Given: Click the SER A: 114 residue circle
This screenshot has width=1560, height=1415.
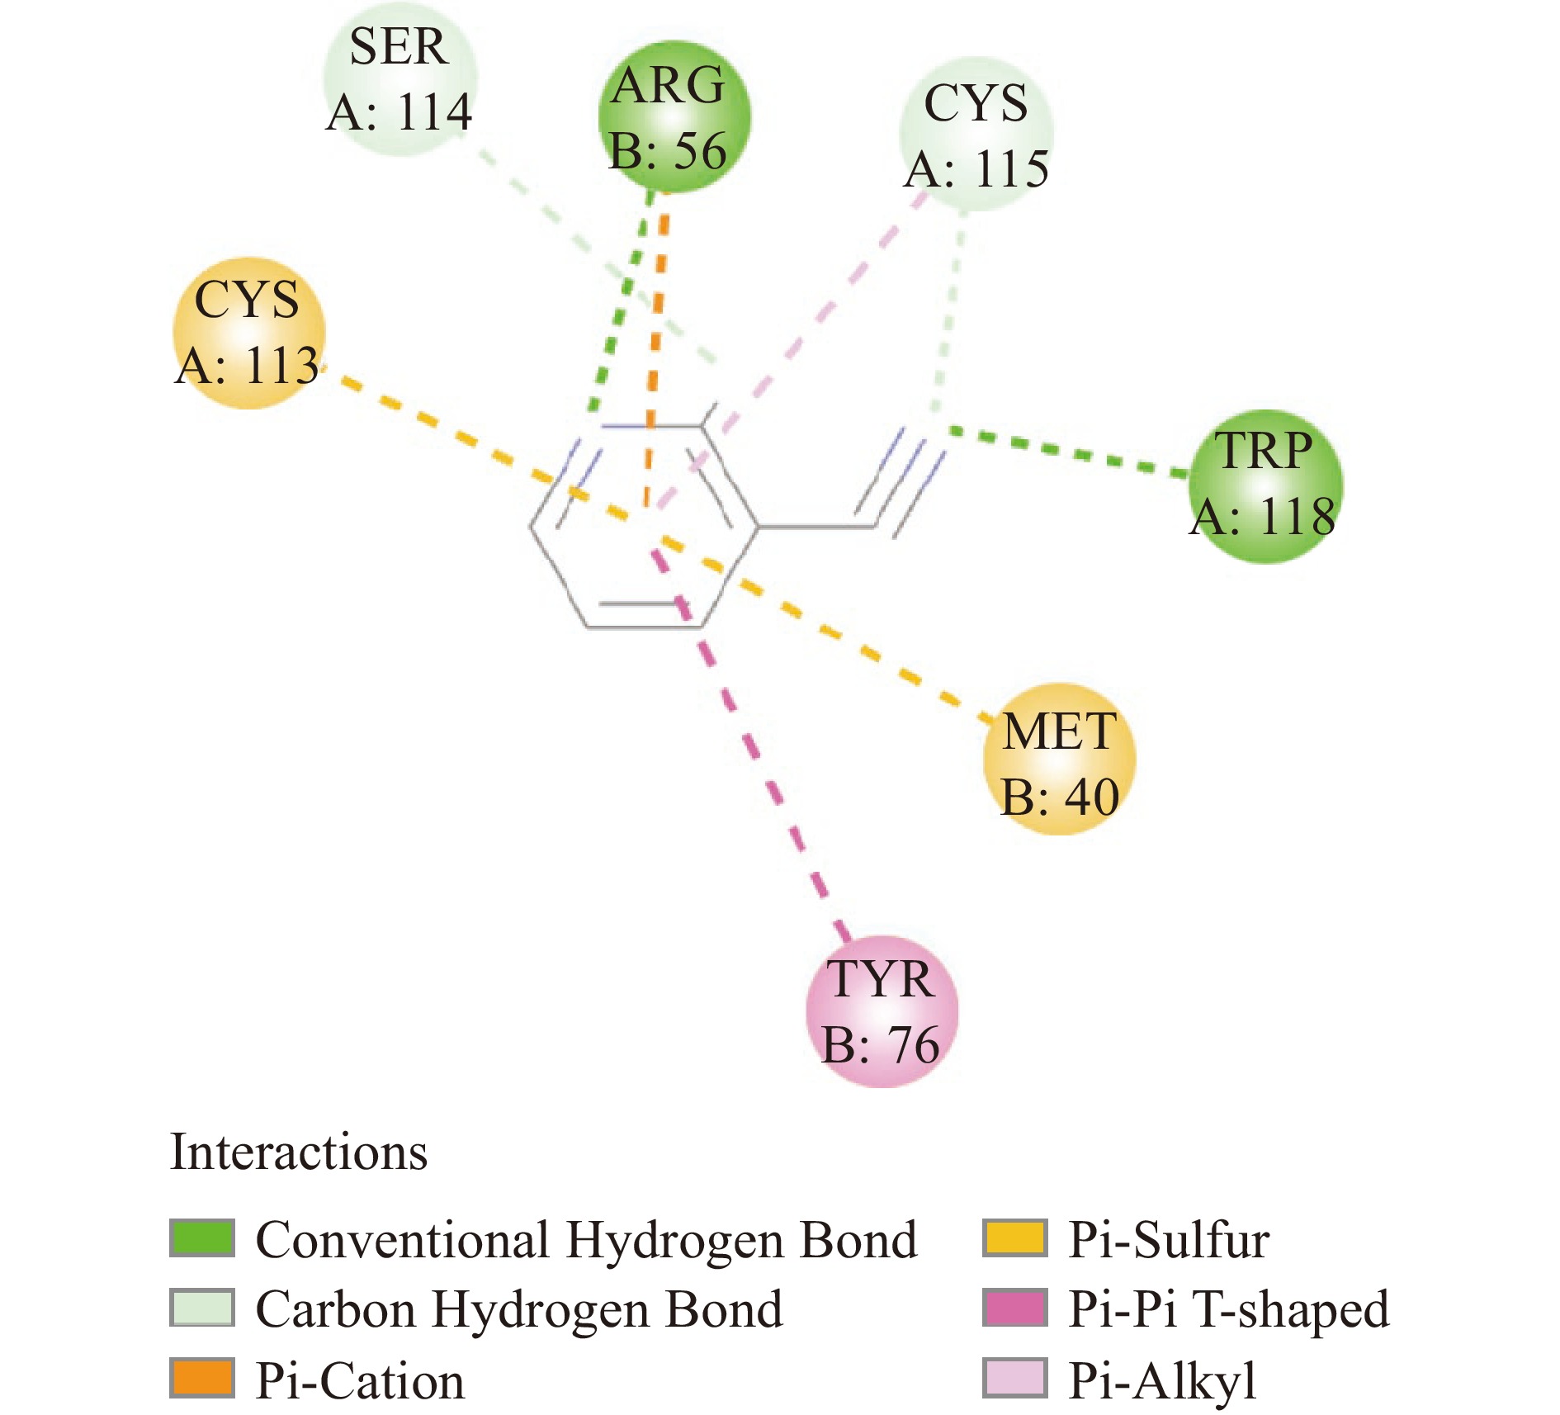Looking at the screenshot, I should point(400,79).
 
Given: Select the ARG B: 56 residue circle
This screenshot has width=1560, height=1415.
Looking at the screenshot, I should point(674,116).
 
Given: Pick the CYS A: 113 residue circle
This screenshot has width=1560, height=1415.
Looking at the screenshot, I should point(248,333).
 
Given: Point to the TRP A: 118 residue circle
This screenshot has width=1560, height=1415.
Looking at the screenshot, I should point(1265,486).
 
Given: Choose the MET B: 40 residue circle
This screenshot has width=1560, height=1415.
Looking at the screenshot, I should point(1060,759).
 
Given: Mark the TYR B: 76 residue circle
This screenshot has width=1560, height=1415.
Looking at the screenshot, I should point(882,1011).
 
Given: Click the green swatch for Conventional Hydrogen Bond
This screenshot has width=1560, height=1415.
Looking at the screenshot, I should point(202,1238).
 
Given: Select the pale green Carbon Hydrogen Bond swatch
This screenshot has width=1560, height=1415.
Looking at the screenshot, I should point(202,1308).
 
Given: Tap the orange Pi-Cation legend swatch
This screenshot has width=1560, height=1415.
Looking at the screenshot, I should point(202,1378).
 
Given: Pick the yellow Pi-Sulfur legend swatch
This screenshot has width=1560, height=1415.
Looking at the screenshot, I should point(1014,1238).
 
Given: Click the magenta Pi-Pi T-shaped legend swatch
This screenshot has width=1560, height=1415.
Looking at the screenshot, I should point(1014,1308).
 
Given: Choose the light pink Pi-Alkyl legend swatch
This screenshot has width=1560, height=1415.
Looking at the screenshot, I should point(1014,1378).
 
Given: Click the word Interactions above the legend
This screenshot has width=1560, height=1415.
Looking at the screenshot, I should point(299,1152).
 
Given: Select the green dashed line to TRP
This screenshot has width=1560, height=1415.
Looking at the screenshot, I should point(1073,453).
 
